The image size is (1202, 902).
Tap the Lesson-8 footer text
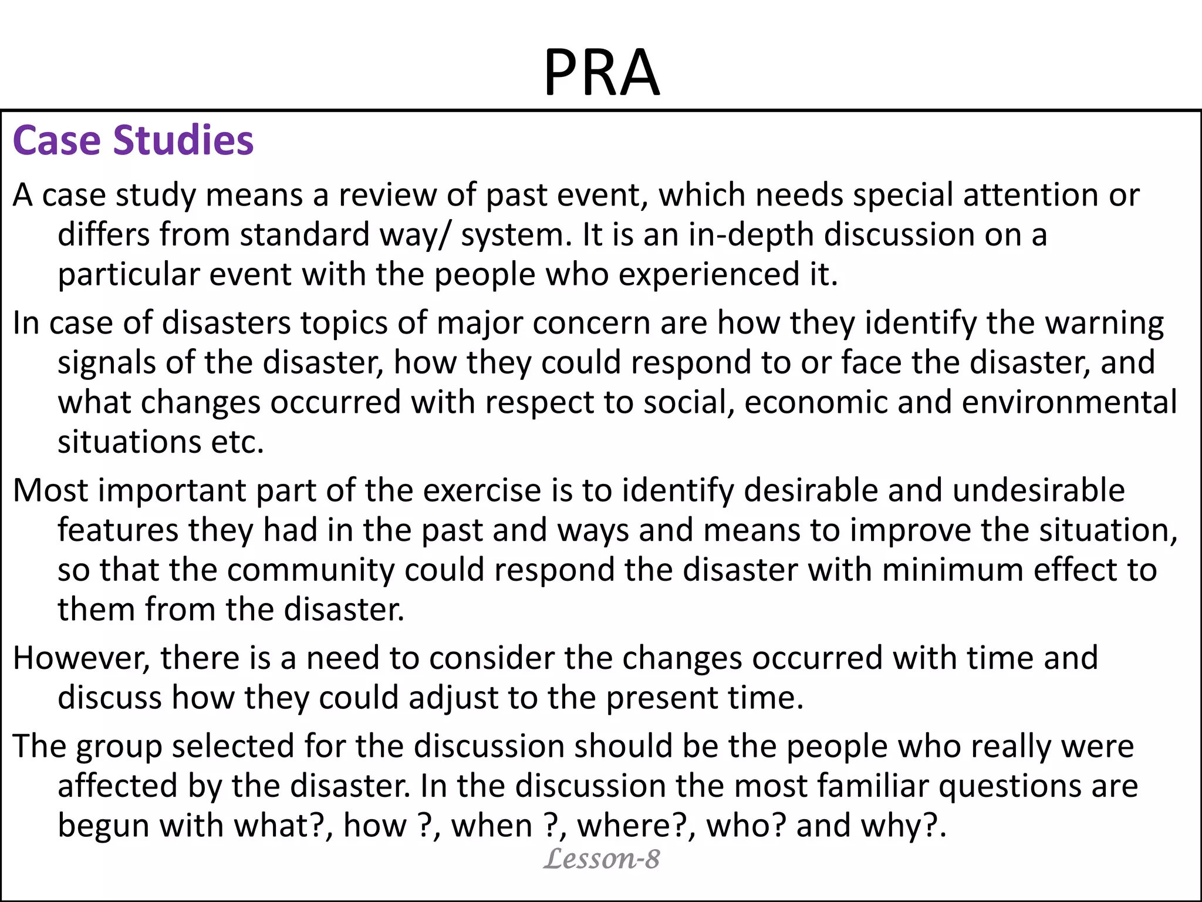(x=602, y=859)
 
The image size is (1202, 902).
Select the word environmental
(x=1069, y=402)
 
